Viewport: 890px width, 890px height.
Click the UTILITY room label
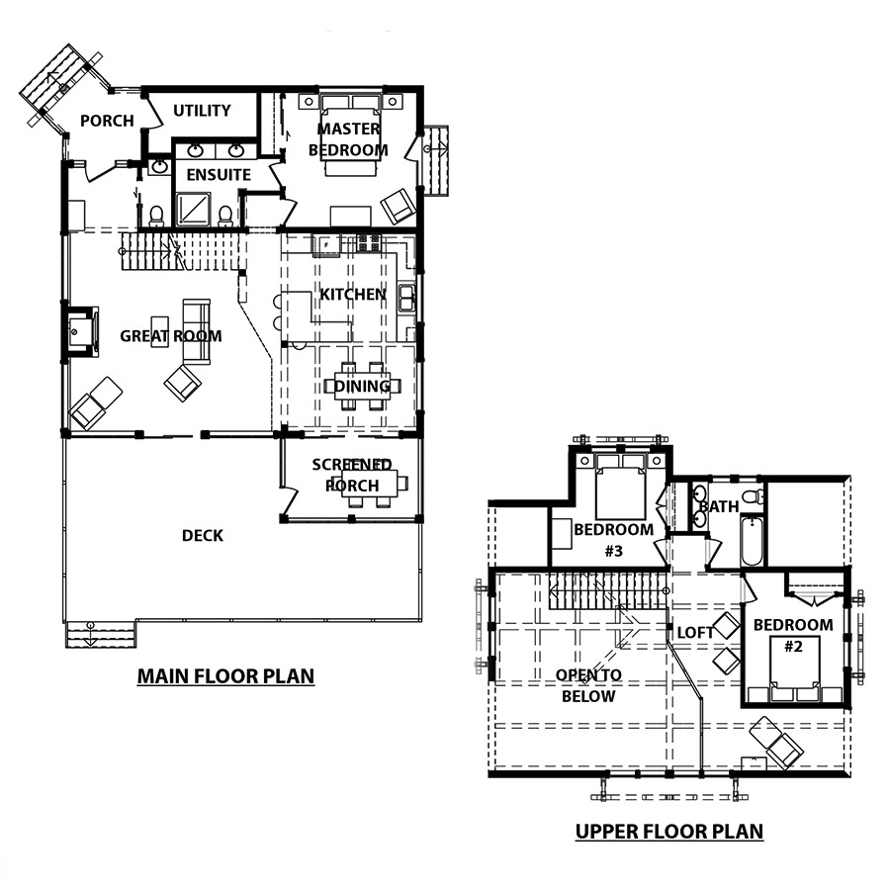[202, 110]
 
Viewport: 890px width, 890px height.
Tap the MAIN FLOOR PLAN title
[225, 676]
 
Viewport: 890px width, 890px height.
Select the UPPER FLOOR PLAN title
[669, 832]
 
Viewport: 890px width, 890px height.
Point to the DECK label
[203, 535]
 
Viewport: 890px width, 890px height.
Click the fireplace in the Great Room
[80, 332]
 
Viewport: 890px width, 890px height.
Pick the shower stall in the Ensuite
[193, 210]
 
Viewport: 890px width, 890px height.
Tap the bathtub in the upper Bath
[753, 541]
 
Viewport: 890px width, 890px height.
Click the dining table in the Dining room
[362, 387]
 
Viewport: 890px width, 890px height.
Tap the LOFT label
[695, 632]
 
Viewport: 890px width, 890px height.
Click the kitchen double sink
[406, 298]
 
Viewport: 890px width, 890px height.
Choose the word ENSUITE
[219, 175]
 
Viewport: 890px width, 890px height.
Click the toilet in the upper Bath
[753, 496]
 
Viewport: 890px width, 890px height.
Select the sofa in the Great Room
[197, 331]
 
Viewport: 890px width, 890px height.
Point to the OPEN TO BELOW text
[588, 685]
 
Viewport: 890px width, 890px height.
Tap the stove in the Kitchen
[369, 243]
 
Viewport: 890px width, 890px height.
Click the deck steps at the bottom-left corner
[101, 635]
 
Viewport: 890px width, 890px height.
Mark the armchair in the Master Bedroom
[398, 206]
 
